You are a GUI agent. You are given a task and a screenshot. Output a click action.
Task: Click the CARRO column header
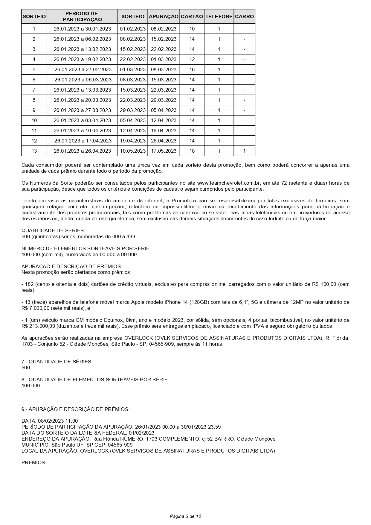click(244, 17)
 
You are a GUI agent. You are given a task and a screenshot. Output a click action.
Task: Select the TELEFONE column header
click(219, 17)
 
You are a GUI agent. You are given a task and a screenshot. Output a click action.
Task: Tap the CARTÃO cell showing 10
click(192, 29)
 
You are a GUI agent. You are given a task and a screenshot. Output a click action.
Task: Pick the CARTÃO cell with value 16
click(192, 70)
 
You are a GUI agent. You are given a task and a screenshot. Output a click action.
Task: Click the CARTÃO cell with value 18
click(192, 151)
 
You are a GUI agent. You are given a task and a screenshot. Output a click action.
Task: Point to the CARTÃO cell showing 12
click(192, 60)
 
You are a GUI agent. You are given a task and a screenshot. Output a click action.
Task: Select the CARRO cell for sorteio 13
click(244, 151)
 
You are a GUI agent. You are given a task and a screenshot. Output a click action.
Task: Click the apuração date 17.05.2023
click(164, 151)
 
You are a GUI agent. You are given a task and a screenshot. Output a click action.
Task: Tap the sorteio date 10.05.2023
click(133, 151)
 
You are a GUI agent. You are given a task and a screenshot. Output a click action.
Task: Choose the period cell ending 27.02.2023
click(83, 70)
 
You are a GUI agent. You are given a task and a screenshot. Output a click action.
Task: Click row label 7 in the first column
click(34, 90)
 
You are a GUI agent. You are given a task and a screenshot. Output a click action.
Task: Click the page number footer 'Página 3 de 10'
click(185, 516)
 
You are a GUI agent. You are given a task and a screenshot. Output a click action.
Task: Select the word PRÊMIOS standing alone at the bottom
click(33, 462)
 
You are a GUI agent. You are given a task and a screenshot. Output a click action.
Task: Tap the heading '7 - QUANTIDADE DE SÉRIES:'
click(57, 362)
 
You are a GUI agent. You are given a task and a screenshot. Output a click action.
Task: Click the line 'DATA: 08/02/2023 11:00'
click(50, 421)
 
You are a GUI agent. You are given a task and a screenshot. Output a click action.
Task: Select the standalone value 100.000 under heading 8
click(30, 386)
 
